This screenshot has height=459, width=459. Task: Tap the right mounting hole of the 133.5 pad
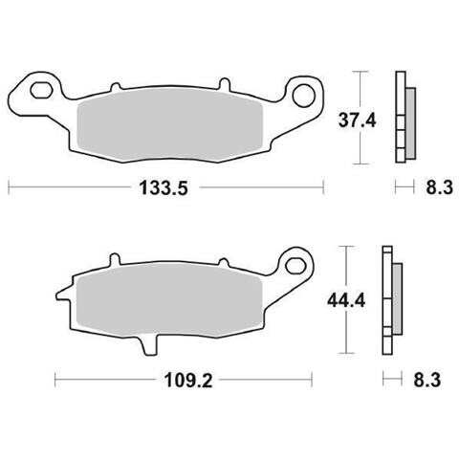pos(305,94)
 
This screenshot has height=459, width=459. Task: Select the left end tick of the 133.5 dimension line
pos(9,188)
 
